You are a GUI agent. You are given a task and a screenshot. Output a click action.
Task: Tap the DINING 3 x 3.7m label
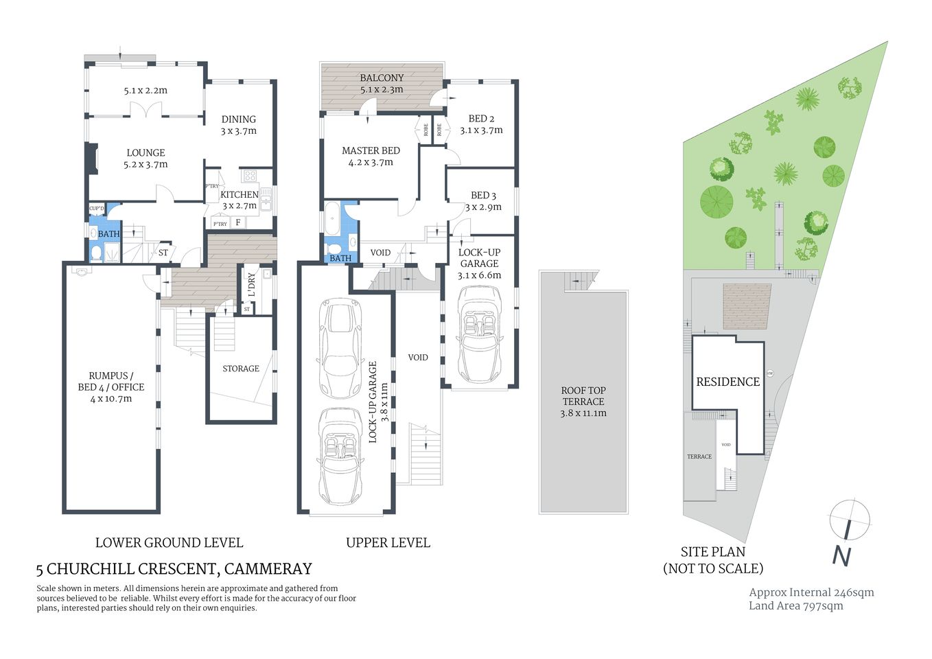click(238, 124)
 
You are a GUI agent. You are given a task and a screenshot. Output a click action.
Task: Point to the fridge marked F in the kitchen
click(238, 222)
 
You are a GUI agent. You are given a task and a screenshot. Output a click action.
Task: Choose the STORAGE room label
click(241, 369)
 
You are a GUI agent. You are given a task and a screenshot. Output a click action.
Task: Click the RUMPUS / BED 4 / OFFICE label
click(111, 386)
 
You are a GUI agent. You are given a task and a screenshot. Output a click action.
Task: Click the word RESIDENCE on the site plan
click(728, 382)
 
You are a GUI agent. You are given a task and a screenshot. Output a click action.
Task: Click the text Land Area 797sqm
click(795, 605)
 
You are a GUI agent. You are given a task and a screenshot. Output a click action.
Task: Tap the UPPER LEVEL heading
click(388, 542)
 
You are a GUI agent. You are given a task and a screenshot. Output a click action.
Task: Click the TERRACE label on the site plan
click(699, 456)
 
